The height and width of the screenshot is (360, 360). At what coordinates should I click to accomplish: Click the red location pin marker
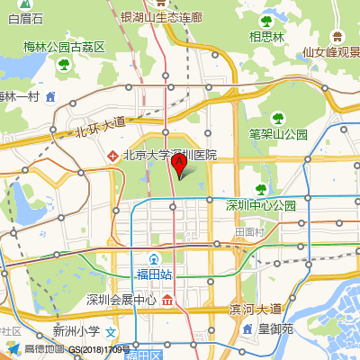179,165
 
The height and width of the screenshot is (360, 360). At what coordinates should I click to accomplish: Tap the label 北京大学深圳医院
170,155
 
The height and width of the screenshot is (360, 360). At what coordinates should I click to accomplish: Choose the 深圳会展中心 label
121,300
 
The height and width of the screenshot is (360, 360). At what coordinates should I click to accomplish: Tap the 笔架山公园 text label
279,134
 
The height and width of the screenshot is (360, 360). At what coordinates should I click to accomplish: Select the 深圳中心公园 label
260,205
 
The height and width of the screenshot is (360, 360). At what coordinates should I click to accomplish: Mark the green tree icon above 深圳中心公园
261,189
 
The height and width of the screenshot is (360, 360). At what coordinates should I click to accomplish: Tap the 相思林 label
267,37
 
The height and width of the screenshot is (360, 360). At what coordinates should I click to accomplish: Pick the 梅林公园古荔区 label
65,46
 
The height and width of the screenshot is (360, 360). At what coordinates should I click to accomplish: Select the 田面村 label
247,231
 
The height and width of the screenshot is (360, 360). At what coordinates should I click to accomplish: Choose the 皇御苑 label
275,329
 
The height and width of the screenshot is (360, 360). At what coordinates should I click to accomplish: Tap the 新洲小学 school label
76,330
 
